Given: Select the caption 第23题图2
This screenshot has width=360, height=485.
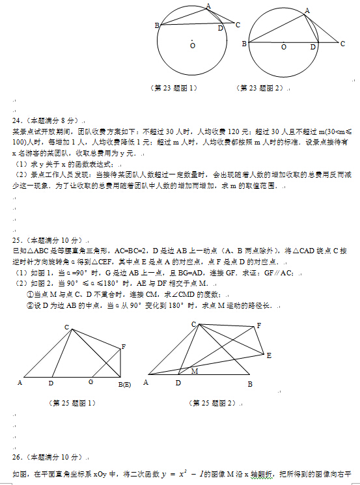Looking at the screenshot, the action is (x=260, y=87).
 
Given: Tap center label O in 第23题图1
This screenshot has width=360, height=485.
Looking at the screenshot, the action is (x=193, y=46).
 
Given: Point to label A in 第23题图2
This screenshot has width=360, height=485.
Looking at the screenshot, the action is (x=307, y=10).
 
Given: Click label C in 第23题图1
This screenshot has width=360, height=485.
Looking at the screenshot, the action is (x=238, y=25).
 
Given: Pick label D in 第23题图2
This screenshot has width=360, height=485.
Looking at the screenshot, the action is (x=313, y=48).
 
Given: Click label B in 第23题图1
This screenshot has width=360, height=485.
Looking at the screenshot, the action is (x=157, y=25).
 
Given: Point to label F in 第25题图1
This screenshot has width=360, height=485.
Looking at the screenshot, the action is (x=123, y=347).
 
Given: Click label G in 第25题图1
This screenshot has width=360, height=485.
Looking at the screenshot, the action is (x=90, y=381).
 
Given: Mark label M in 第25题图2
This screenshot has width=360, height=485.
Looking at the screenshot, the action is (x=194, y=371).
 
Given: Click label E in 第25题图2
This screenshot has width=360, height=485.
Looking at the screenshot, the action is (x=269, y=355).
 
